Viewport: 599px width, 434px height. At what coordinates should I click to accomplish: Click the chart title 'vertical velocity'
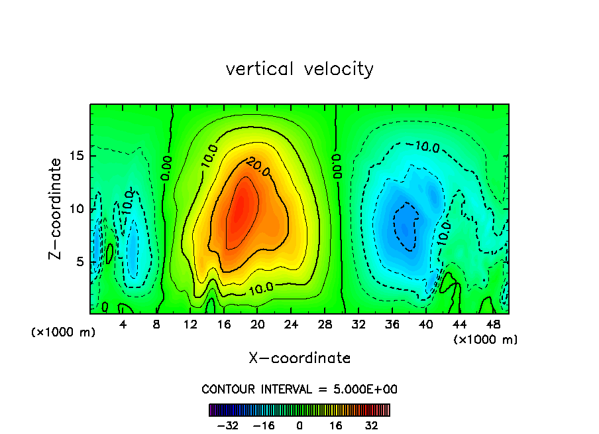[x=299, y=69]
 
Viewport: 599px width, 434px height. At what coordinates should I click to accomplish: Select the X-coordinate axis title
[x=299, y=358]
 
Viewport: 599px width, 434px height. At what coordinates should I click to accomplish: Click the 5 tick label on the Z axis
[x=77, y=261]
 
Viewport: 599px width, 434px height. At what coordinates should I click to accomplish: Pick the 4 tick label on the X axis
[x=123, y=325]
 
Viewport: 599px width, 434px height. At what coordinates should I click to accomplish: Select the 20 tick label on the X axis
[x=258, y=325]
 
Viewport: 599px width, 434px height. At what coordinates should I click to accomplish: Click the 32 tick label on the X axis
[x=359, y=325]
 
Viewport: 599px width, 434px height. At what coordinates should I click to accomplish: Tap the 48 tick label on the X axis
[x=494, y=325]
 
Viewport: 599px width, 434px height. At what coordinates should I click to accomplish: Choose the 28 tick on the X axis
[x=325, y=325]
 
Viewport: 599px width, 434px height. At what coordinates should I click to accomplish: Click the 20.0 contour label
[x=258, y=166]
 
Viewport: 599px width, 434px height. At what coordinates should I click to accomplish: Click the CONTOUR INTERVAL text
[x=299, y=390]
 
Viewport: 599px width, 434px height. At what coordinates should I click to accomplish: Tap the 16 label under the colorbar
[x=336, y=425]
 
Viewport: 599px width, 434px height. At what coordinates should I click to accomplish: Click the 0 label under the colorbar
[x=299, y=425]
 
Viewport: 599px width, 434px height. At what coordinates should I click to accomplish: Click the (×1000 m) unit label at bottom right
[x=486, y=340]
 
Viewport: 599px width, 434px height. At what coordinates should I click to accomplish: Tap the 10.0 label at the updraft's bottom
[x=260, y=289]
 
